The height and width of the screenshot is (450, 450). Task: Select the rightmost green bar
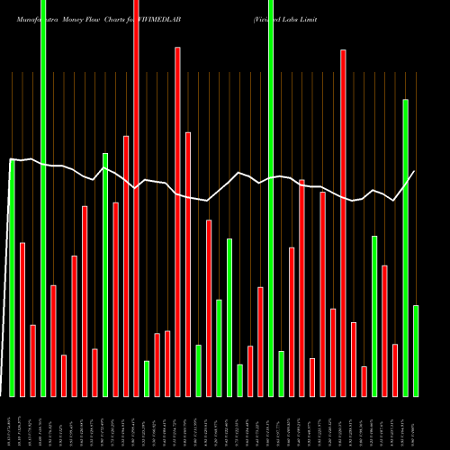coord(416,350)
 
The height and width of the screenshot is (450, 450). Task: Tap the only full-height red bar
coord(136,198)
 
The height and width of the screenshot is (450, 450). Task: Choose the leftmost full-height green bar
coord(43,198)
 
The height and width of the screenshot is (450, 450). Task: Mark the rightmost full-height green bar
coord(271,198)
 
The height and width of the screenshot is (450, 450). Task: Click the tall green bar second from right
coord(405,247)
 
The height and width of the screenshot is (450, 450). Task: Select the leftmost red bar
coord(22,319)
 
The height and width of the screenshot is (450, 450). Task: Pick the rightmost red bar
coord(395,370)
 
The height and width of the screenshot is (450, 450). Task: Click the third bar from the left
coord(33,360)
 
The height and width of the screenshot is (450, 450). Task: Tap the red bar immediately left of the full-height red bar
coord(126,265)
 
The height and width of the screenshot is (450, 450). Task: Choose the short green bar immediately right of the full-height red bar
coord(147,378)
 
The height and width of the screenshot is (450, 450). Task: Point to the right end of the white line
coord(414,171)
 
